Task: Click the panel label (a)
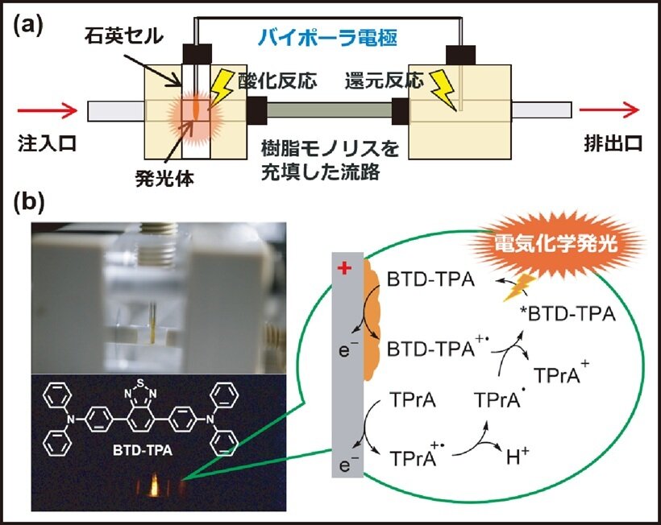28,25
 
